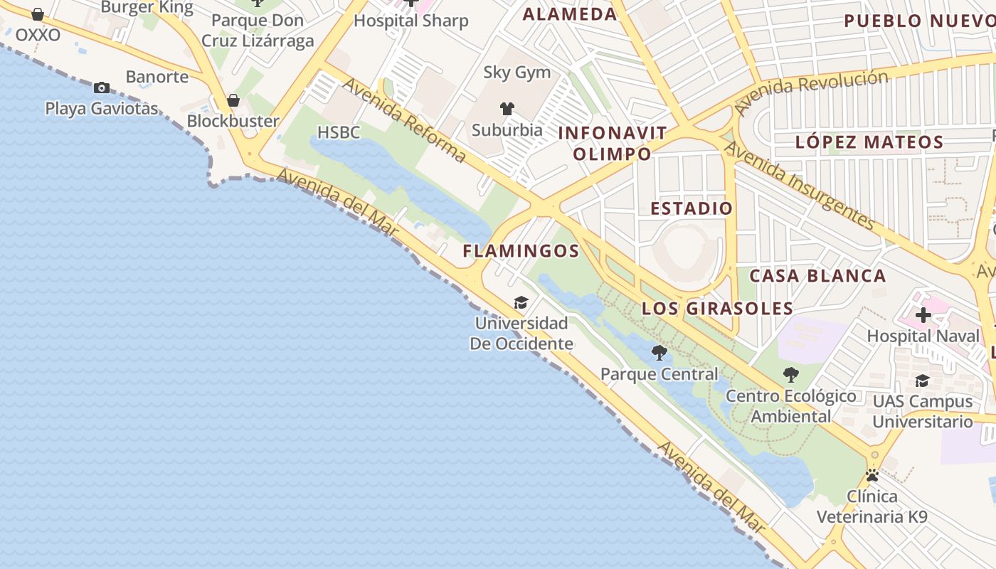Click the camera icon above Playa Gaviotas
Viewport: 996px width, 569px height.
pyautogui.click(x=102, y=88)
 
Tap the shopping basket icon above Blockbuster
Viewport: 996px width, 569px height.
pyautogui.click(x=233, y=101)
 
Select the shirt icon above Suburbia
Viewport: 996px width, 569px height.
pyautogui.click(x=507, y=109)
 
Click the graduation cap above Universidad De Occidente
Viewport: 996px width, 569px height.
pyautogui.click(x=521, y=303)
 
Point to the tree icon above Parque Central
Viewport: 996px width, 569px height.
pyautogui.click(x=659, y=352)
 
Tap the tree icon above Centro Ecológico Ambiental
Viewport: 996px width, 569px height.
pyautogui.click(x=790, y=375)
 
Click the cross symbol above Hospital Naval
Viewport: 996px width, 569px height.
pyautogui.click(x=923, y=315)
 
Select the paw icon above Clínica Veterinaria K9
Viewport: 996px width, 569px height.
pyautogui.click(x=872, y=475)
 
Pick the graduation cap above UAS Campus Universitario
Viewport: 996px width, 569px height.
pyautogui.click(x=922, y=381)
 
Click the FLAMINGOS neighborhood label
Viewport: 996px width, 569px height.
pyautogui.click(x=521, y=251)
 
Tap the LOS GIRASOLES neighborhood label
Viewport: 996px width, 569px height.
pyautogui.click(x=717, y=309)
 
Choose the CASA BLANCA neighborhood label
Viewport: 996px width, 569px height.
pyautogui.click(x=817, y=276)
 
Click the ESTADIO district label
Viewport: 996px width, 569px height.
pyautogui.click(x=692, y=208)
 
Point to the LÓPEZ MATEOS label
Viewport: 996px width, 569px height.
pyautogui.click(x=869, y=142)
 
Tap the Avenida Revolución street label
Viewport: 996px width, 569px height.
pyautogui.click(x=812, y=92)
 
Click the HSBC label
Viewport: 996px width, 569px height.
pyautogui.click(x=339, y=132)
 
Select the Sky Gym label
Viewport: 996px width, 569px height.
pyautogui.click(x=517, y=73)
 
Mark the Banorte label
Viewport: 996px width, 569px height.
pyautogui.click(x=157, y=77)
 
